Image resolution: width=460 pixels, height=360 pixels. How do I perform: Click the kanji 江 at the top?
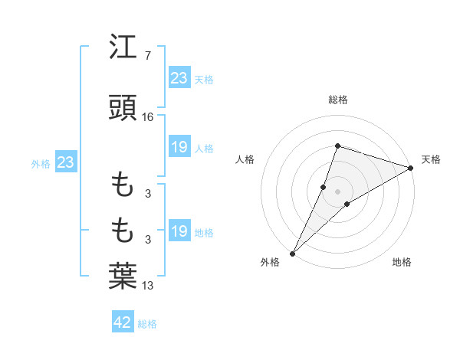123,48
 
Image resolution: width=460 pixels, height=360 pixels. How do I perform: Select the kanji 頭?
123,109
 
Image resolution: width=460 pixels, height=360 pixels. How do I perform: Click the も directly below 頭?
123,185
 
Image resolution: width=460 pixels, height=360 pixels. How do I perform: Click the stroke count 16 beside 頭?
148,117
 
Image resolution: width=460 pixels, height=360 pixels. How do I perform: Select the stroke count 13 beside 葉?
148,286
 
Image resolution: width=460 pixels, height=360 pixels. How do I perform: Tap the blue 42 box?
123,322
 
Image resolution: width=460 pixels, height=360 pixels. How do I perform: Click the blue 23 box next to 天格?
179,78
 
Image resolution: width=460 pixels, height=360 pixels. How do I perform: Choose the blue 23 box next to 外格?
65,162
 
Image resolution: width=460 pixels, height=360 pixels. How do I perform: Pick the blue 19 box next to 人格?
179,147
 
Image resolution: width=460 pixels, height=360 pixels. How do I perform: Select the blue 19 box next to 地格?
179,231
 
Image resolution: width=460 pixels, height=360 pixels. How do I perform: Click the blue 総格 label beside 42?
147,324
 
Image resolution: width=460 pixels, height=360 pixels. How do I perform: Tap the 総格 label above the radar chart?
338,100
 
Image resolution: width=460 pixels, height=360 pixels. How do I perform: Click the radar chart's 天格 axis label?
431,159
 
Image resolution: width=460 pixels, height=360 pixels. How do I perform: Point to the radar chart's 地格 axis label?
402,262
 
